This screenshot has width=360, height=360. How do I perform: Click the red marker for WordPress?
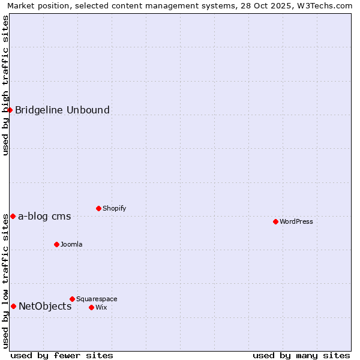pyautogui.click(x=275, y=221)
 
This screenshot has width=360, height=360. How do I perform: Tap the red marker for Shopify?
pyautogui.click(x=98, y=208)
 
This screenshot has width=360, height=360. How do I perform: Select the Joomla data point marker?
pyautogui.click(x=56, y=244)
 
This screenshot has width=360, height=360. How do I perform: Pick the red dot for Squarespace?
pyautogui.click(x=72, y=299)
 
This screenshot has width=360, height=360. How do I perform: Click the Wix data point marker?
pyautogui.click(x=91, y=307)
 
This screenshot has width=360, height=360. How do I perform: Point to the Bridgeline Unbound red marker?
pyautogui.click(x=10, y=110)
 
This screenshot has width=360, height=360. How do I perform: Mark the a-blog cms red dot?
pyautogui.click(x=13, y=216)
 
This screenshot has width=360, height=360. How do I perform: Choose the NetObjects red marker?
pyautogui.click(x=13, y=306)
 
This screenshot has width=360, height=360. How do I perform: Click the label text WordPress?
pyautogui.click(x=296, y=222)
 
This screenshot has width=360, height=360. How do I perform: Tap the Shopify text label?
pyautogui.click(x=114, y=209)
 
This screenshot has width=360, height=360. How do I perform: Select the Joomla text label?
pyautogui.click(x=71, y=245)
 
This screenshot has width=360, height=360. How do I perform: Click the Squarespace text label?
pyautogui.click(x=97, y=299)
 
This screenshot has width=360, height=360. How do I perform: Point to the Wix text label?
pyautogui.click(x=101, y=308)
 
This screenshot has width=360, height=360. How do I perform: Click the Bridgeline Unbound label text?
pyautogui.click(x=62, y=110)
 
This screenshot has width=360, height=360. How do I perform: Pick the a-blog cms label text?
pyautogui.click(x=44, y=217)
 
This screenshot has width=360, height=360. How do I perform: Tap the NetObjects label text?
pyautogui.click(x=45, y=307)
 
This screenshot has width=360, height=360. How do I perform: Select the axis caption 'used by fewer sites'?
pyautogui.click(x=62, y=356)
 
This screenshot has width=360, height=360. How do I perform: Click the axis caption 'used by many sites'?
pyautogui.click(x=301, y=356)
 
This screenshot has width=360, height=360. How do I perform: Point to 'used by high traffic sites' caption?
pyautogui.click(x=6, y=85)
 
